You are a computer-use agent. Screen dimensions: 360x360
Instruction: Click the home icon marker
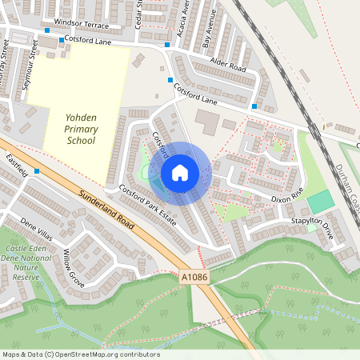pyautogui.click(x=180, y=172)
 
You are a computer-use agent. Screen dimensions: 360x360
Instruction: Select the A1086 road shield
pyautogui.click(x=192, y=276)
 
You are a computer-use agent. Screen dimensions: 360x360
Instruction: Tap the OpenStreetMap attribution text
pyautogui.click(x=81, y=354)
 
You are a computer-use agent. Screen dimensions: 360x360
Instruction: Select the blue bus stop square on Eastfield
pyautogui.click(x=37, y=182)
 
